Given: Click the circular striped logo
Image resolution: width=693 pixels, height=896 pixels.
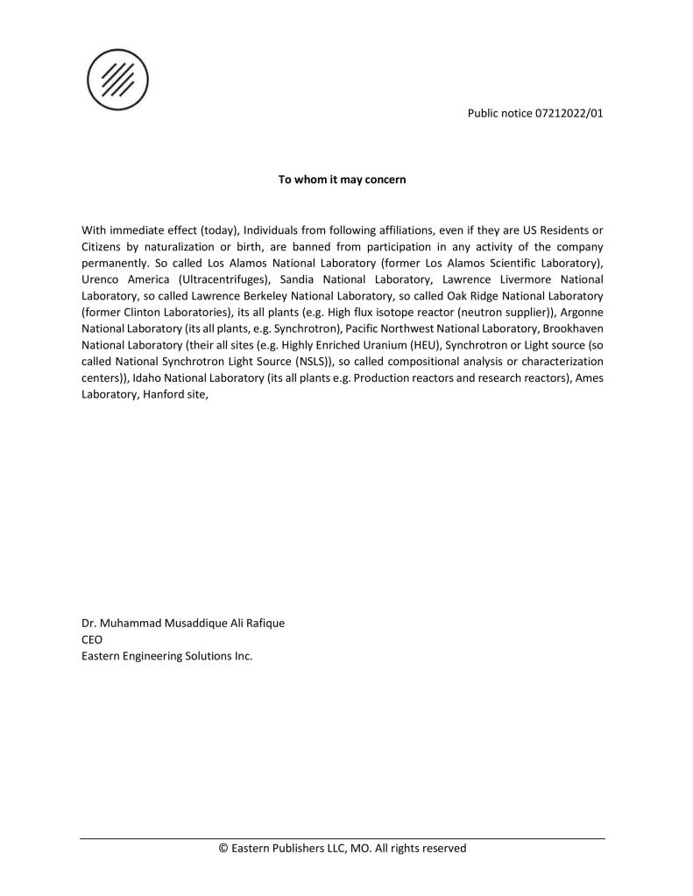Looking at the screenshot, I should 117,80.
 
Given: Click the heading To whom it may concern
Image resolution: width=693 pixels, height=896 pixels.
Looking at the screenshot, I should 342,180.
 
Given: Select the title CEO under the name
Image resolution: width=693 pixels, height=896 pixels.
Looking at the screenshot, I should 92,639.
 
